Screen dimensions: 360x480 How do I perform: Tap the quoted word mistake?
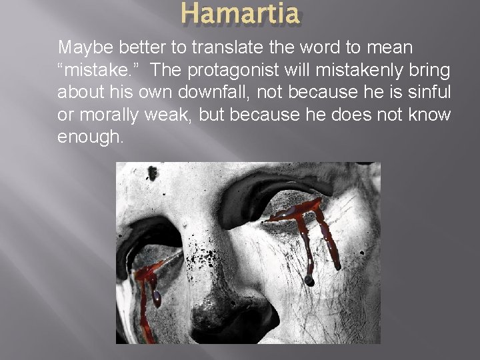pos(93,71)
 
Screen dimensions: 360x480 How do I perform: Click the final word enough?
pos(91,137)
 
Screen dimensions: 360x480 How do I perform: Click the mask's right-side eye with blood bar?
pos(300,213)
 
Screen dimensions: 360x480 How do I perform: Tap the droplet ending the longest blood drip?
pos(309,280)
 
